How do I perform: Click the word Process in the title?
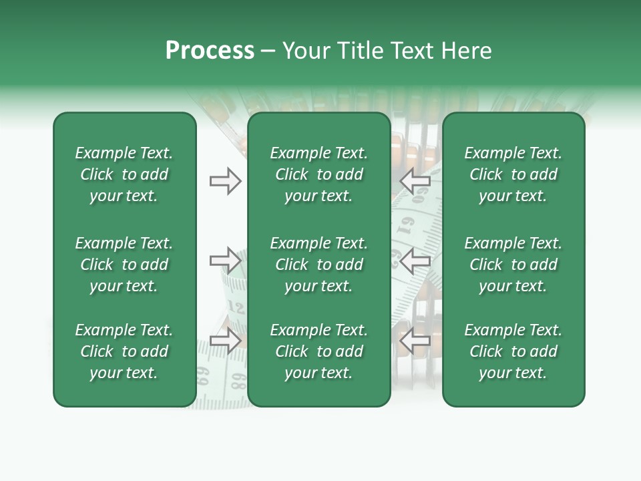[x=210, y=51]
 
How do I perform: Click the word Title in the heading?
[x=361, y=51]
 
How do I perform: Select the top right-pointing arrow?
[x=226, y=181]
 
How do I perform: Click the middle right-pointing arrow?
[x=226, y=261]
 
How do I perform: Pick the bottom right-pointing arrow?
[x=226, y=341]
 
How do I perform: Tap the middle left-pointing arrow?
[x=415, y=261]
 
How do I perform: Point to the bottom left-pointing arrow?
[x=415, y=341]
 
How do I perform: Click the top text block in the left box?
[x=124, y=174]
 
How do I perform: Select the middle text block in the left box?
[x=124, y=265]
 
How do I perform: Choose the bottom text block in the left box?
[x=124, y=351]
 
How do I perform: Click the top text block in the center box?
[x=319, y=174]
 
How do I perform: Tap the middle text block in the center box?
[x=319, y=265]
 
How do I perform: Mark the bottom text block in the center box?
[x=319, y=351]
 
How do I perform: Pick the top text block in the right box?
[x=513, y=174]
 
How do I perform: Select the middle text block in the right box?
[x=513, y=265]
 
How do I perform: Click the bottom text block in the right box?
[x=513, y=351]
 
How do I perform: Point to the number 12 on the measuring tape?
[x=236, y=307]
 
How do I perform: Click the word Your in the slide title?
[x=306, y=51]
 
